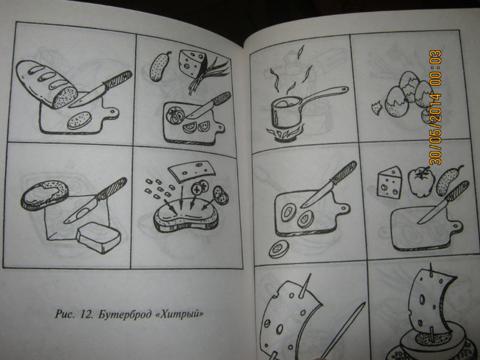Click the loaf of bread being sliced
pyautogui.click(x=46, y=84)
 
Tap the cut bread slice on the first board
pyautogui.click(x=79, y=120)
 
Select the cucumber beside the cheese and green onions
pyautogui.click(x=160, y=67)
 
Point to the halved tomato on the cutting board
pyautogui.click(x=175, y=115)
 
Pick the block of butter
pyautogui.click(x=98, y=237)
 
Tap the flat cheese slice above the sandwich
pyautogui.click(x=191, y=171)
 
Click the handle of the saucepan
pyautogui.click(x=325, y=94)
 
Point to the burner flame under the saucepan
pyautogui.click(x=286, y=133)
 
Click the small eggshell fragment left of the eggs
pyautogui.click(x=377, y=108)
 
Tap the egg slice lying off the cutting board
pyautogui.click(x=279, y=249)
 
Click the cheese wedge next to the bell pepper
pyautogui.click(x=390, y=181)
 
